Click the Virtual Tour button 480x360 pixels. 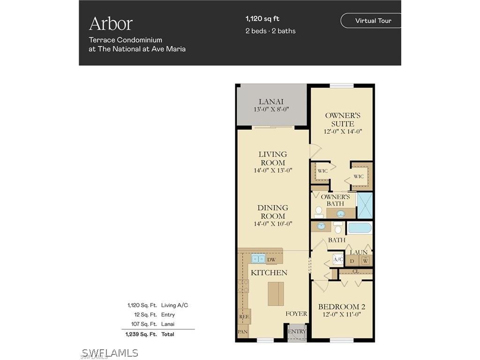pyautogui.click(x=373, y=21)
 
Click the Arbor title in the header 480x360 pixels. pyautogui.click(x=111, y=23)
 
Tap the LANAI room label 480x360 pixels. pyautogui.click(x=271, y=102)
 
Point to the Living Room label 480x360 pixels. pyautogui.click(x=273, y=158)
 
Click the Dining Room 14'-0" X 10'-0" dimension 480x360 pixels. pyautogui.click(x=273, y=224)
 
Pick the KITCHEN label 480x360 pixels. pyautogui.click(x=269, y=272)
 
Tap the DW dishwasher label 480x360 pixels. pyautogui.click(x=271, y=259)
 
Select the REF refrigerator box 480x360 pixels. pyautogui.click(x=244, y=316)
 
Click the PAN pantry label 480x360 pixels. pyautogui.click(x=242, y=332)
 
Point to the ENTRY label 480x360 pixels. pyautogui.click(x=297, y=331)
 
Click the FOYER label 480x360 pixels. pyautogui.click(x=296, y=314)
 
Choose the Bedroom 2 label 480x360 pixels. pyautogui.click(x=341, y=307)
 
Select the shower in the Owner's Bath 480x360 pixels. pyautogui.click(x=364, y=205)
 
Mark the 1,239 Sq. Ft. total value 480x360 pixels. pyautogui.click(x=141, y=334)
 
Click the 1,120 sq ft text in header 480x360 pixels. pyautogui.click(x=262, y=19)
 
